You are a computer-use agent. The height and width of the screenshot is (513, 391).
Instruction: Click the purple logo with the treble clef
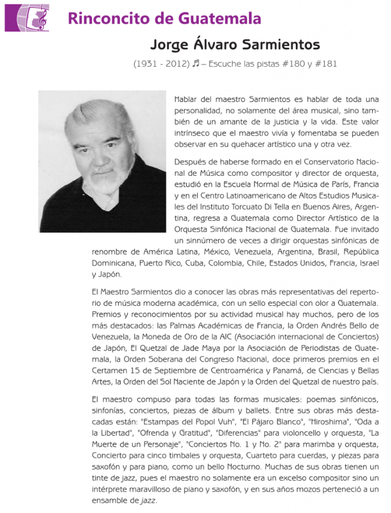click(27, 18)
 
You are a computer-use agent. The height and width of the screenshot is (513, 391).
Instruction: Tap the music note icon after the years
click(196, 64)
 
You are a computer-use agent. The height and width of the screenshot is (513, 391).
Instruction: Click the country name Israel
click(367, 263)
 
